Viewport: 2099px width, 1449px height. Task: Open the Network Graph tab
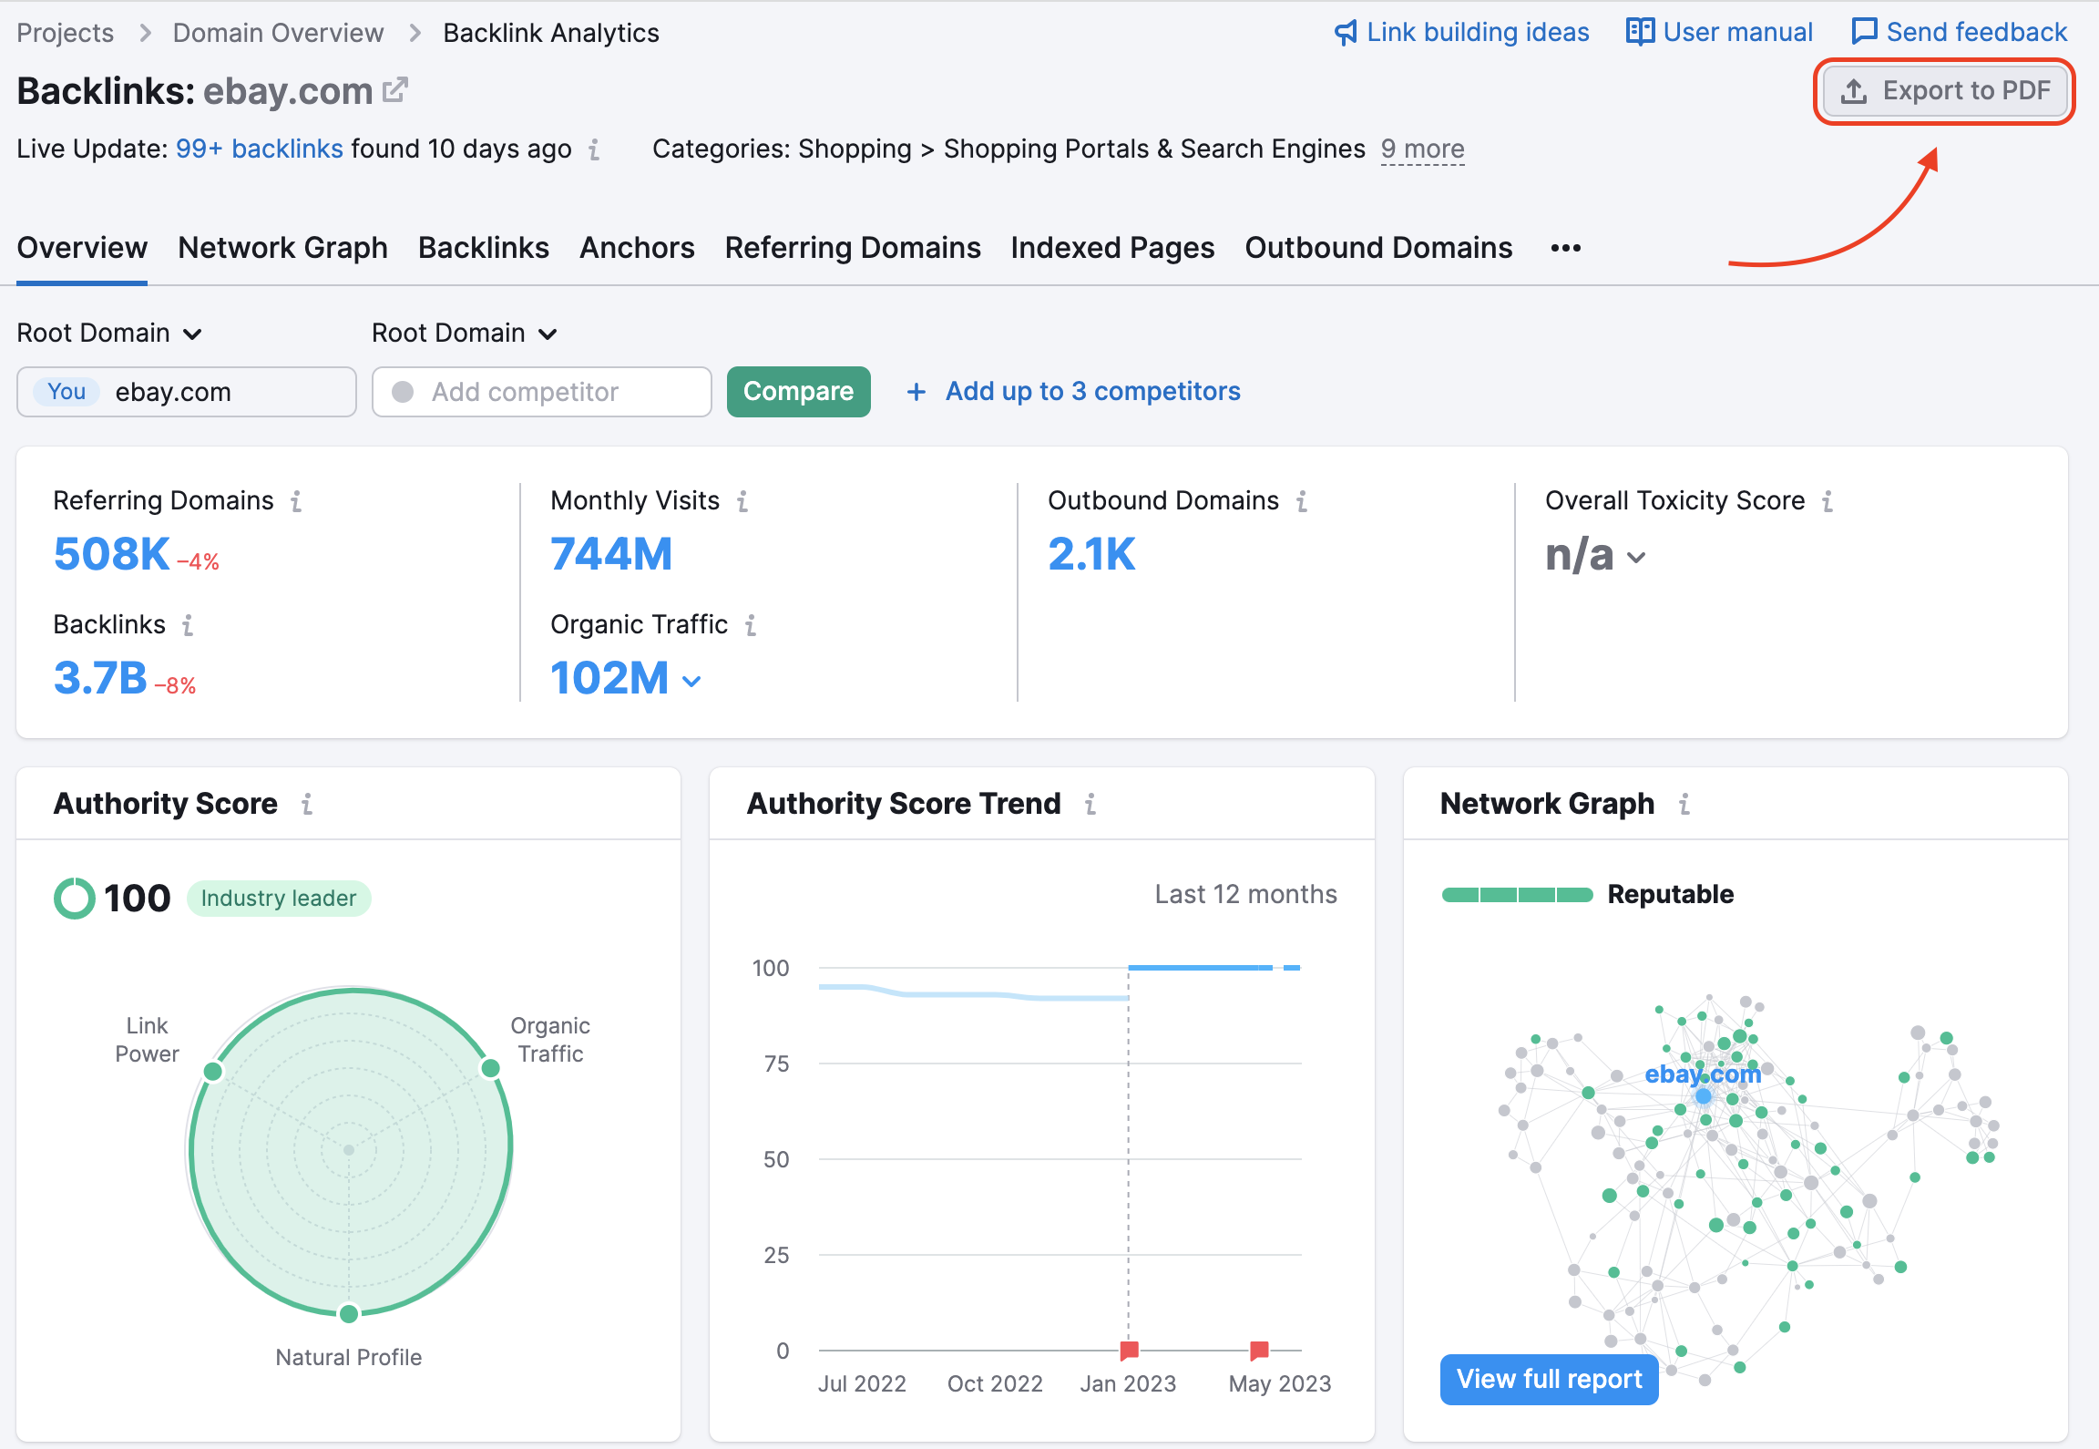click(x=282, y=248)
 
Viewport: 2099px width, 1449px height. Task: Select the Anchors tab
click(x=637, y=248)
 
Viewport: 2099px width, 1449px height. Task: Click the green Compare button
click(x=798, y=392)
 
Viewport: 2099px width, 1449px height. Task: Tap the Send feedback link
click(x=1960, y=32)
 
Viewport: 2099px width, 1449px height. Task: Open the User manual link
click(x=1720, y=32)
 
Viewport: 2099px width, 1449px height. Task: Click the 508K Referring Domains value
click(x=111, y=554)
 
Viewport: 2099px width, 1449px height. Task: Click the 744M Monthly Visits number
click(x=611, y=554)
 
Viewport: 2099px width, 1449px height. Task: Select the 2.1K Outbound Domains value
click(x=1091, y=554)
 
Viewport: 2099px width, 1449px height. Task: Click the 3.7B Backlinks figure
click(x=100, y=678)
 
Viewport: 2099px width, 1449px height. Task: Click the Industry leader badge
click(x=278, y=899)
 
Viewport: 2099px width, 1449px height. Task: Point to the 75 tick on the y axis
click(x=776, y=1064)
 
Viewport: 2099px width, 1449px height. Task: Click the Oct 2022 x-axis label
click(x=995, y=1383)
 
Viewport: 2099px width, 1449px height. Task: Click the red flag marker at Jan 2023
click(x=1129, y=1350)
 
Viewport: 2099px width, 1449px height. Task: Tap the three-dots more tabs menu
click(x=1565, y=248)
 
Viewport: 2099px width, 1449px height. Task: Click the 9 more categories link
click(x=1422, y=149)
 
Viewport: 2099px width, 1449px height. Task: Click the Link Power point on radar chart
click(x=213, y=1071)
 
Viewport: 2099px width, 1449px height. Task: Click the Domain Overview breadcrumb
click(x=278, y=33)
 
